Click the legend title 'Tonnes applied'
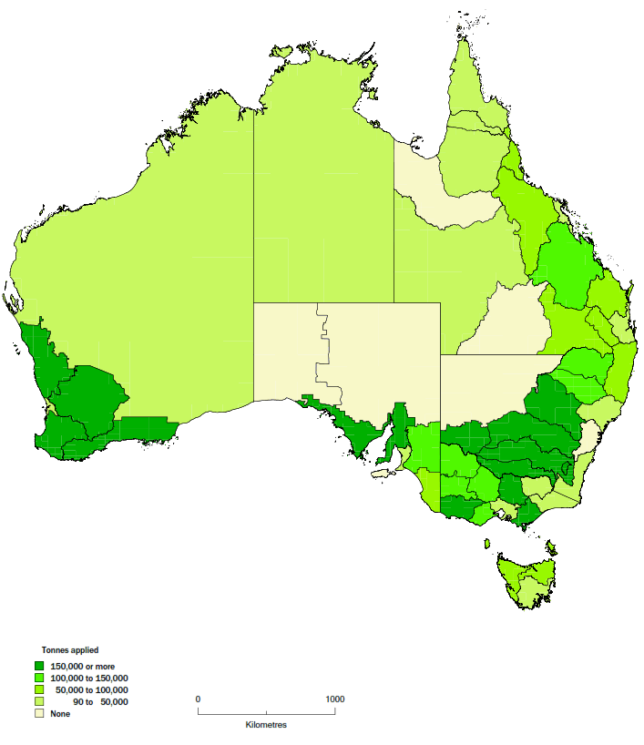coord(69,649)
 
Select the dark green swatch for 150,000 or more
coord(39,667)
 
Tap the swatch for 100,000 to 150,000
coord(39,679)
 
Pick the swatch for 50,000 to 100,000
coord(39,690)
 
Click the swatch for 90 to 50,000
coord(39,702)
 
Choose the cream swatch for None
coord(39,714)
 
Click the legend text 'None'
coord(60,714)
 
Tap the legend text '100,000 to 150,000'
coord(89,679)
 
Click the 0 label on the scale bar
coord(198,699)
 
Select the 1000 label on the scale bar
coord(334,699)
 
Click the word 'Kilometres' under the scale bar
coord(266,725)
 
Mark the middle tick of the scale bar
coord(266,711)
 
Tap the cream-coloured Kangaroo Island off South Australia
coord(383,473)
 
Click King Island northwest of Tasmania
coord(487,544)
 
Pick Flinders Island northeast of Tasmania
coord(552,546)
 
